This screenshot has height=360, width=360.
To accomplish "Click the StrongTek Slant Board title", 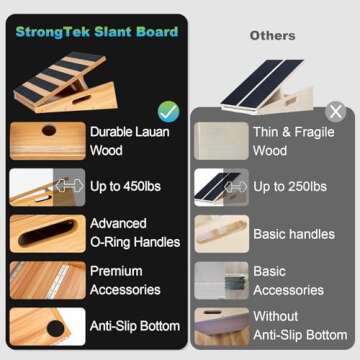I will pyautogui.click(x=96, y=31).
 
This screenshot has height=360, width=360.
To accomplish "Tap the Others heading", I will pyautogui.click(x=272, y=35).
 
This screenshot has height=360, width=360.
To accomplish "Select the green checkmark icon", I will pyautogui.click(x=169, y=110).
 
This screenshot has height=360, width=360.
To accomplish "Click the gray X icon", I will pyautogui.click(x=336, y=111).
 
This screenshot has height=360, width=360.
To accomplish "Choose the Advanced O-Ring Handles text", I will pyautogui.click(x=135, y=233).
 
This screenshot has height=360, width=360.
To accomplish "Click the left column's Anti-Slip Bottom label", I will pyautogui.click(x=135, y=325).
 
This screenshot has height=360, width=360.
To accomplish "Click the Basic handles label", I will pyautogui.click(x=294, y=234).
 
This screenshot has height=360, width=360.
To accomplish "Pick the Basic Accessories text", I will pyautogui.click(x=289, y=280).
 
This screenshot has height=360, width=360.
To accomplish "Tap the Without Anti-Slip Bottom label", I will pyautogui.click(x=300, y=326).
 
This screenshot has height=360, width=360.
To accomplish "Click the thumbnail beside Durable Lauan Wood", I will pyautogui.click(x=47, y=141).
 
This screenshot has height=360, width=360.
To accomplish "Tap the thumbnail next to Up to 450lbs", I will pyautogui.click(x=47, y=187).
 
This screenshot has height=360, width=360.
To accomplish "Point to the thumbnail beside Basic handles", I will pyautogui.click(x=221, y=234).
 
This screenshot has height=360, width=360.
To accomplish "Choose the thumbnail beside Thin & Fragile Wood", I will pyautogui.click(x=221, y=142).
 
